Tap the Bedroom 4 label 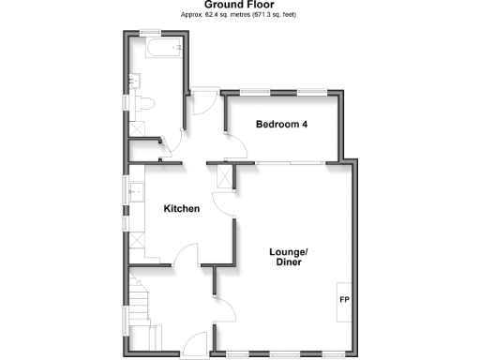coord(282,125)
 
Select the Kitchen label coord(182,208)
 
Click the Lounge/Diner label coord(288,258)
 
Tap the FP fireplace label coord(343,301)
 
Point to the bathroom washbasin coord(137,130)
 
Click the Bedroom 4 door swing coord(235,146)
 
